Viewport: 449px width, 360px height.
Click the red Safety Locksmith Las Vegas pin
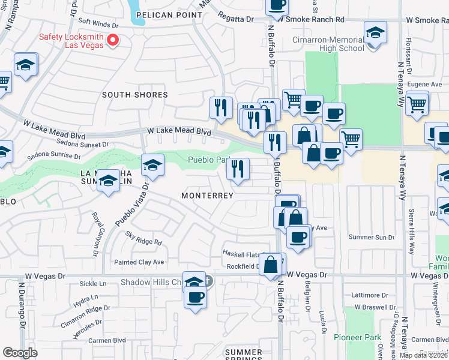click(112, 41)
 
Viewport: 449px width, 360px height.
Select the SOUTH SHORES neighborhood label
click(134, 95)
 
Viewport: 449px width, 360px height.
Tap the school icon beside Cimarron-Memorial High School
click(375, 34)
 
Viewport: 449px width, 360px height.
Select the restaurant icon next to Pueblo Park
click(238, 169)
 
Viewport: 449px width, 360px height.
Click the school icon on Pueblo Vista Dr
click(152, 166)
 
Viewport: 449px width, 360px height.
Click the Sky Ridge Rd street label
click(144, 242)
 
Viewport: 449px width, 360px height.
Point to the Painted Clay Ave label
click(139, 262)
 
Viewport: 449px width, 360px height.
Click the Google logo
click(20, 353)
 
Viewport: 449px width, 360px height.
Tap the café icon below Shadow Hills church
click(194, 297)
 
